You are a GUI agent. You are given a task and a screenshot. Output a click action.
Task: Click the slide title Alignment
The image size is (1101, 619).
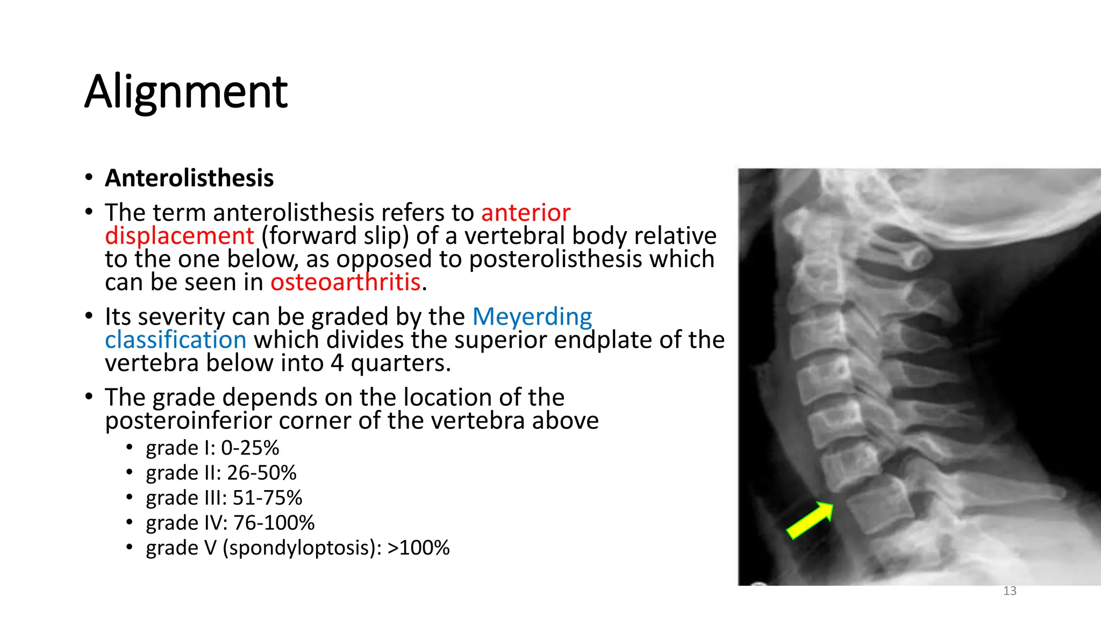coord(186,92)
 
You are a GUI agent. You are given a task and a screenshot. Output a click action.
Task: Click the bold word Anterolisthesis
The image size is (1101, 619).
coord(189,178)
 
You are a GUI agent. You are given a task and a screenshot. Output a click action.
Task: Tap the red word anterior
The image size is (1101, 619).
coord(525,213)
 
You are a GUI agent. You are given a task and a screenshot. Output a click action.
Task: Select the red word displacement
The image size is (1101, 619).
coord(179,236)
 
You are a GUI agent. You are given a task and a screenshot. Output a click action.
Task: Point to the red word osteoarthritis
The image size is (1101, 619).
coord(345,282)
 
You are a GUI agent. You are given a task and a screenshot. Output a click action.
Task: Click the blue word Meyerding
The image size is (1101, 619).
coord(532,316)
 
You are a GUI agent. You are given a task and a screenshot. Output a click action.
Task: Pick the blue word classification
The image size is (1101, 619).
coord(176,340)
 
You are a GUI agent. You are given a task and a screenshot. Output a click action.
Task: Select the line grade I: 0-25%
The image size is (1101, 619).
coord(212,448)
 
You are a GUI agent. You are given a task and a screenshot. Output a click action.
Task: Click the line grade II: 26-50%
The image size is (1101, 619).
coord(221,473)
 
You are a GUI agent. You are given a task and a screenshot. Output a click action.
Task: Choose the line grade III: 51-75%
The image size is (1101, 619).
coord(224,498)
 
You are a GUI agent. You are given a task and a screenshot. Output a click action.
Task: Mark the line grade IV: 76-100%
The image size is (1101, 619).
coord(230,523)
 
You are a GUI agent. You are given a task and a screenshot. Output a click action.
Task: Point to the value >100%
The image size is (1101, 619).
coord(418,548)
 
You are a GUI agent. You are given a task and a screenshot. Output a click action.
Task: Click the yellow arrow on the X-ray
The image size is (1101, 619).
coord(809,520)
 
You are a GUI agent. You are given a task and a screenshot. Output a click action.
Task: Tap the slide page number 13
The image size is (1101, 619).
coord(1010,591)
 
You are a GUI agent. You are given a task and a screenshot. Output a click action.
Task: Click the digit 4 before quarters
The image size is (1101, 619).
coord(337,363)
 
